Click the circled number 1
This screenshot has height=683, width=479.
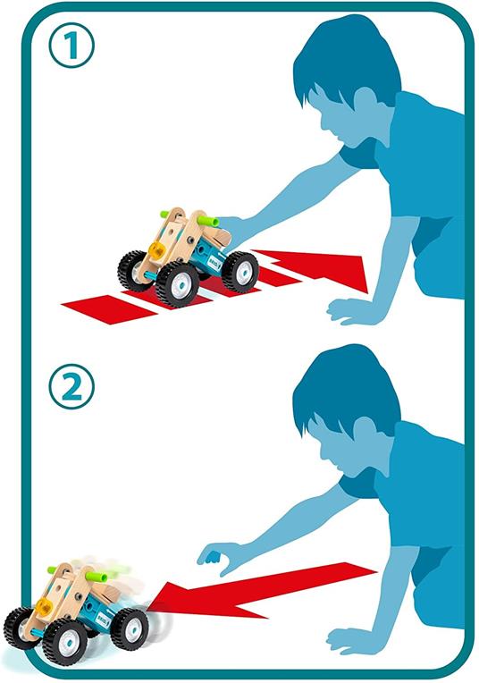pos(71,46)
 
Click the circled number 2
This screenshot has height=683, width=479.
pos(71,386)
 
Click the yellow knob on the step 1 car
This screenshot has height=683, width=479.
pos(156,250)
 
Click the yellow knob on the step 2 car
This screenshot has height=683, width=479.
pos(43,605)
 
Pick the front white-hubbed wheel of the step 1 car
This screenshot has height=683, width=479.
pos(177,284)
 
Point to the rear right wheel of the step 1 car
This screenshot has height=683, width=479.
pos(239,272)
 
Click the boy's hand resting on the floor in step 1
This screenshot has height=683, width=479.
pos(349,311)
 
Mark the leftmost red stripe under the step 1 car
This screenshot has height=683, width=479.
pos(109,308)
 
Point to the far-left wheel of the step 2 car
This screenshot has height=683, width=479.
pos(17,628)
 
